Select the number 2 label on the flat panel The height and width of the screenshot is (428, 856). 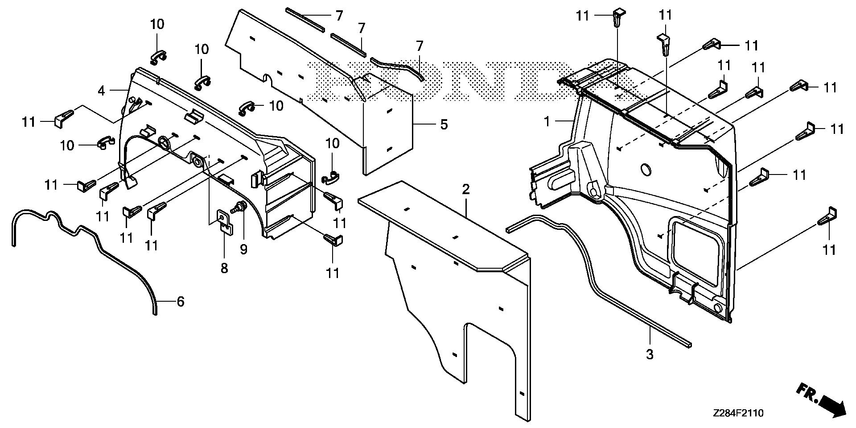(466, 189)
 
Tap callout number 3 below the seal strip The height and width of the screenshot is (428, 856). (650, 355)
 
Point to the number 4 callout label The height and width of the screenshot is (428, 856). (102, 91)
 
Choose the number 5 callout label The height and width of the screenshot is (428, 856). (444, 124)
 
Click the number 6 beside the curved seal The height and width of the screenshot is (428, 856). (180, 302)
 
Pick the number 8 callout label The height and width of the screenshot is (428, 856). (224, 268)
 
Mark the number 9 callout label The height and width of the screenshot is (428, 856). (243, 249)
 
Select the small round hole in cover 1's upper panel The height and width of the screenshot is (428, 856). (645, 170)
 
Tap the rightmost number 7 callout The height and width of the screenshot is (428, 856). (419, 46)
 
